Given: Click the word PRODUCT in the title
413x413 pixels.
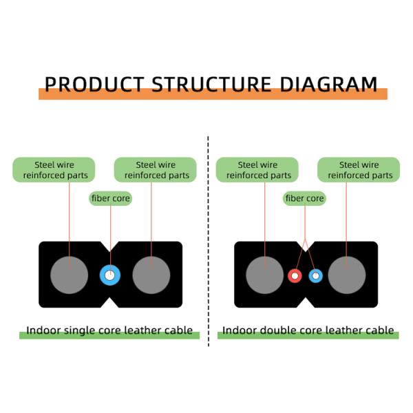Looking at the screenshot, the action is click(94, 85).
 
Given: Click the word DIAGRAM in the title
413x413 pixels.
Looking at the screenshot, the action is click(329, 85).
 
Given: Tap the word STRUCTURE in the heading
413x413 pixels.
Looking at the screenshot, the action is click(212, 85).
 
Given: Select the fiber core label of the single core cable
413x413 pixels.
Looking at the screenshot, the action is click(111, 198).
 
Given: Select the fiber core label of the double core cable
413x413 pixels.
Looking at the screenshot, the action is click(304, 198).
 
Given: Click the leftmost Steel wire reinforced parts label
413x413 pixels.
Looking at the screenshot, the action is click(54, 170).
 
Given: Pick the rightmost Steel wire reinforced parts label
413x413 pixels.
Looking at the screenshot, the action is click(359, 170).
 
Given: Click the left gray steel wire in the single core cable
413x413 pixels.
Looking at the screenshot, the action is click(69, 275).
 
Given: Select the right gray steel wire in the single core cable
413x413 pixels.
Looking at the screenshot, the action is click(151, 275).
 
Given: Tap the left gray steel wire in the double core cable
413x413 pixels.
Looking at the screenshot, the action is click(265, 275).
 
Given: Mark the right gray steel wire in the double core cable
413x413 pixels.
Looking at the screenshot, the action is click(347, 275).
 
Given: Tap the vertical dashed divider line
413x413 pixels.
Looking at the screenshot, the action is click(209, 242).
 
